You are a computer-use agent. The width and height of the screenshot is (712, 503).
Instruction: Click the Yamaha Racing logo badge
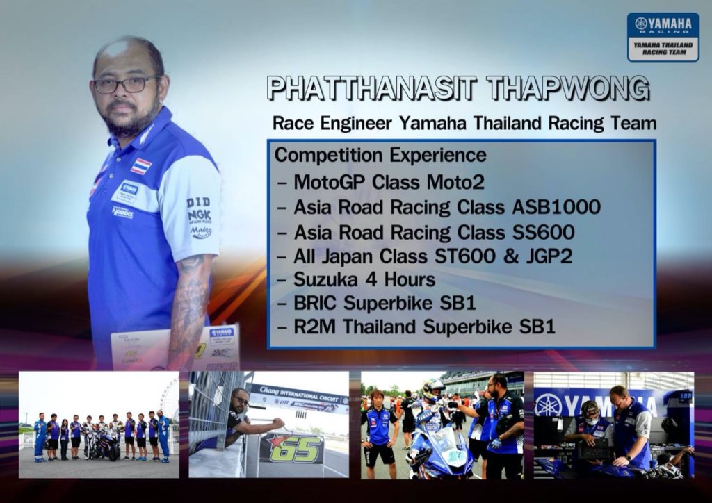663,37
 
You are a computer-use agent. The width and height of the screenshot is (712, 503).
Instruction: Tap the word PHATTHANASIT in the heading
371,88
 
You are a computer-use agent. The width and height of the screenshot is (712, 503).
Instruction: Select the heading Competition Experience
380,156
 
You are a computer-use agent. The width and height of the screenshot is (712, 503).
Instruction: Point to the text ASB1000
556,207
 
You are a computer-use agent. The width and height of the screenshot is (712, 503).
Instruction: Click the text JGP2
549,256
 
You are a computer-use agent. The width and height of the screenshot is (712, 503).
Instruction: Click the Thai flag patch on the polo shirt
140,167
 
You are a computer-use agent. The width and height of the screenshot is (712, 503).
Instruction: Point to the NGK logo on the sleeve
200,215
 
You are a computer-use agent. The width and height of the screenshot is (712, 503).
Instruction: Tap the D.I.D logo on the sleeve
198,202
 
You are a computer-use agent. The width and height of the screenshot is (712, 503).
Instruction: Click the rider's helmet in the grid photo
432,390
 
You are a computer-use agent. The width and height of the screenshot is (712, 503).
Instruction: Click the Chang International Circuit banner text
300,394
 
